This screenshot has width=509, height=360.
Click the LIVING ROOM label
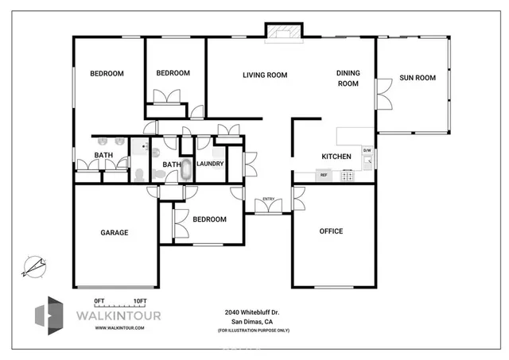(x=265, y=75)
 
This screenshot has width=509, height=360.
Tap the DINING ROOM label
(x=348, y=78)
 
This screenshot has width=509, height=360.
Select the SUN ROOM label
(x=418, y=78)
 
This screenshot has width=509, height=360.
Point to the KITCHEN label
(x=336, y=157)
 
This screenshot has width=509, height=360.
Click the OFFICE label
(x=331, y=231)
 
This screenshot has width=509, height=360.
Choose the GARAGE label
(x=114, y=233)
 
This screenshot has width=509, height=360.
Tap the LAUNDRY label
(x=210, y=164)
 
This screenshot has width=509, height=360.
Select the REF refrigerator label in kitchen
(x=324, y=175)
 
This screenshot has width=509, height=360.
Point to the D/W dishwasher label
(x=367, y=150)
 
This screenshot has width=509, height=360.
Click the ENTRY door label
(x=268, y=198)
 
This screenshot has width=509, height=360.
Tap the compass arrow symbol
(x=33, y=265)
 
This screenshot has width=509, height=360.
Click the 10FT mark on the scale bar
(x=140, y=300)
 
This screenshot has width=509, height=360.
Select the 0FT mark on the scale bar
(x=99, y=300)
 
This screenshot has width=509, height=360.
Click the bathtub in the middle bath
(x=187, y=169)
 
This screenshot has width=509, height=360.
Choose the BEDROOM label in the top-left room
(x=107, y=74)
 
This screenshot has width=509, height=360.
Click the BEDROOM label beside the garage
(x=209, y=219)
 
